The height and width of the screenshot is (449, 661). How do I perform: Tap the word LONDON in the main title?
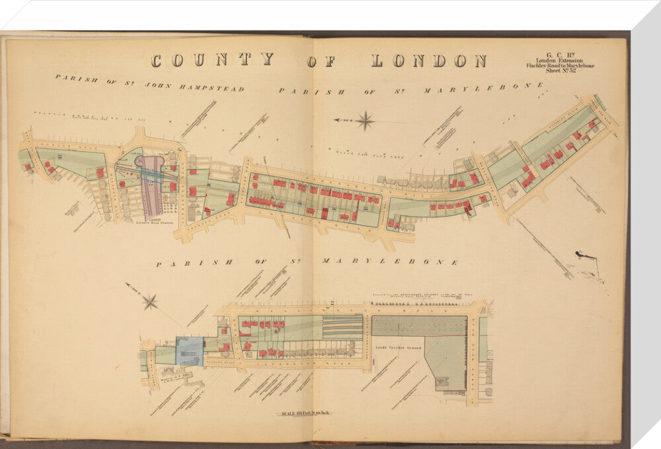428,61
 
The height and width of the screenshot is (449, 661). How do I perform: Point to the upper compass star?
365,121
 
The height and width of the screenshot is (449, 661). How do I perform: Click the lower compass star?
151,302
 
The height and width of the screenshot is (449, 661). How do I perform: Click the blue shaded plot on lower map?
190,351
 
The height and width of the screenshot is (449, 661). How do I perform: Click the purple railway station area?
153,188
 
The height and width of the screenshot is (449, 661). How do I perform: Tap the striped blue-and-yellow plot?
342,327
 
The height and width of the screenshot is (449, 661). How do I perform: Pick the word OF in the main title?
322,61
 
